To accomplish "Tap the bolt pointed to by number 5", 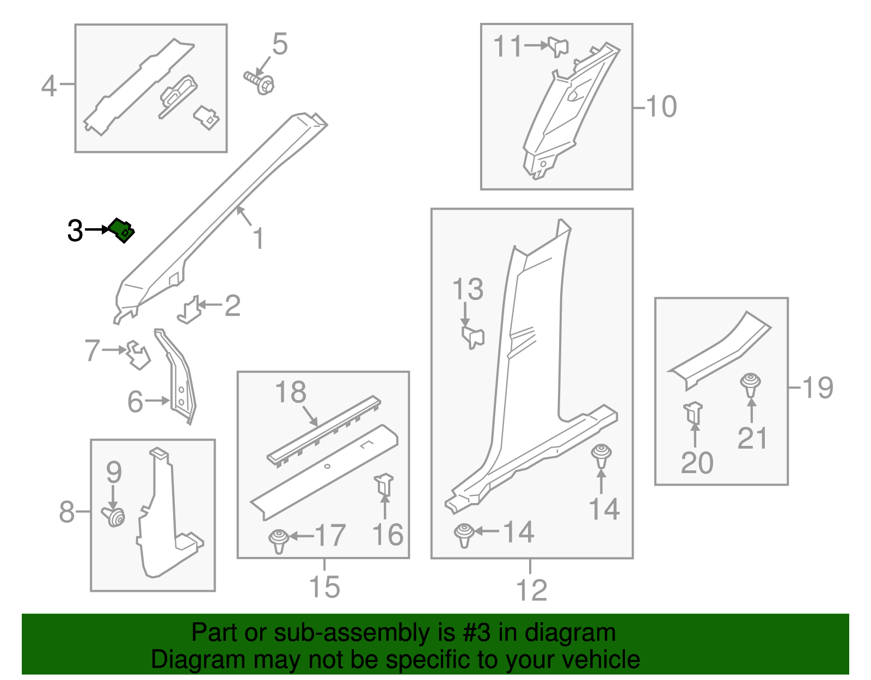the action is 259,83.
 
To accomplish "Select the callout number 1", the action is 259,238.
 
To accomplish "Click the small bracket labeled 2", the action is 189,310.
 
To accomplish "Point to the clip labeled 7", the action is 138,355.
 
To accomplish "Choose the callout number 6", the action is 136,401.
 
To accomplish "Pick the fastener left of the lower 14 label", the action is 464,536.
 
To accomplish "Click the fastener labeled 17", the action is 279,541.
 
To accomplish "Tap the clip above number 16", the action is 384,485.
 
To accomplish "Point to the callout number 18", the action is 291,392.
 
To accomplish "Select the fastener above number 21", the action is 751,385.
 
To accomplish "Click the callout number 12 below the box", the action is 531,590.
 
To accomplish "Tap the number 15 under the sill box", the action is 324,587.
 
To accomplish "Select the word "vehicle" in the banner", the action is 601,660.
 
